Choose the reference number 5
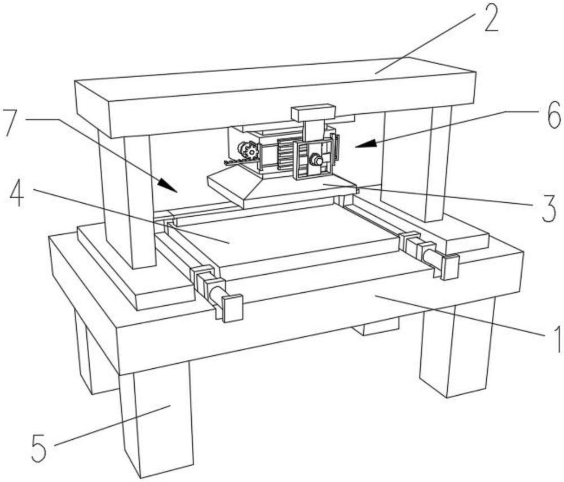coord(39,448)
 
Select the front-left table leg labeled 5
coord(157,420)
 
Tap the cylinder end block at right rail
coord(450,267)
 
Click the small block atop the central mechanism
coord(313,113)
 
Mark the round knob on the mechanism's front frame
coord(316,159)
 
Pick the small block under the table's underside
coord(376,326)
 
